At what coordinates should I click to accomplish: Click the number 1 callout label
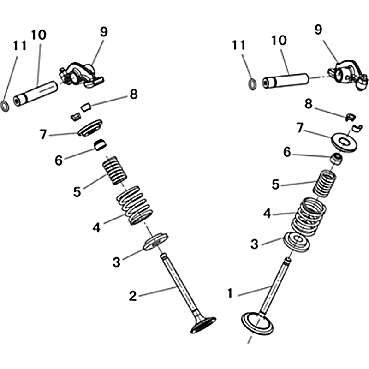(x=230, y=293)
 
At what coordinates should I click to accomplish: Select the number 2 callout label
(x=133, y=296)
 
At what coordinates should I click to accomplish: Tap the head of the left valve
(x=203, y=325)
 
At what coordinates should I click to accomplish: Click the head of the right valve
(x=258, y=322)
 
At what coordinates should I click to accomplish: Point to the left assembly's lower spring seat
(x=155, y=242)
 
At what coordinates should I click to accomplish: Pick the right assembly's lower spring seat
(x=296, y=242)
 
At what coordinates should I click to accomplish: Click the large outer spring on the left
(x=135, y=205)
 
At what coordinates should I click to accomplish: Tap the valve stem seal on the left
(x=100, y=145)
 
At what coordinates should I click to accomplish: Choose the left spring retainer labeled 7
(x=90, y=128)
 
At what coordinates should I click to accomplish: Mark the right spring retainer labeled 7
(x=344, y=143)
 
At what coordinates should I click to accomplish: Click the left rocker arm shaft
(x=36, y=94)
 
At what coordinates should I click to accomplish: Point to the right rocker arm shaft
(x=286, y=81)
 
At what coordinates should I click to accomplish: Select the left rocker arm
(x=81, y=75)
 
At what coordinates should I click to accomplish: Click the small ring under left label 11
(x=5, y=106)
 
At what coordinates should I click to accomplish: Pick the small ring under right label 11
(x=252, y=84)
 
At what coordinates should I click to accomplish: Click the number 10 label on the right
(x=279, y=40)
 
